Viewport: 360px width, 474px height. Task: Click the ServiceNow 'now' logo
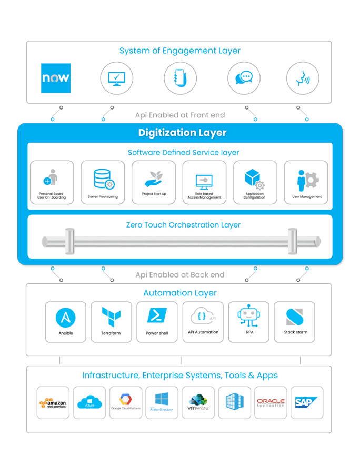click(56, 78)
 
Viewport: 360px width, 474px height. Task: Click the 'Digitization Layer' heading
click(182, 133)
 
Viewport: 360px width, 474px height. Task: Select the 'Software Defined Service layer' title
click(183, 153)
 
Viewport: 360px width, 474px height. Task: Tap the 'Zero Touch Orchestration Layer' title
click(183, 225)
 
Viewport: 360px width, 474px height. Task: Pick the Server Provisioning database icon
click(103, 179)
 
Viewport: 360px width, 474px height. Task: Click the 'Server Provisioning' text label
click(103, 197)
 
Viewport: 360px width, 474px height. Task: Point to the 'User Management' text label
click(306, 197)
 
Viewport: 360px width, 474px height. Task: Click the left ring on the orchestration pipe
click(69, 241)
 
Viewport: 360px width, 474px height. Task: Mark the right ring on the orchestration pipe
click(292, 241)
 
